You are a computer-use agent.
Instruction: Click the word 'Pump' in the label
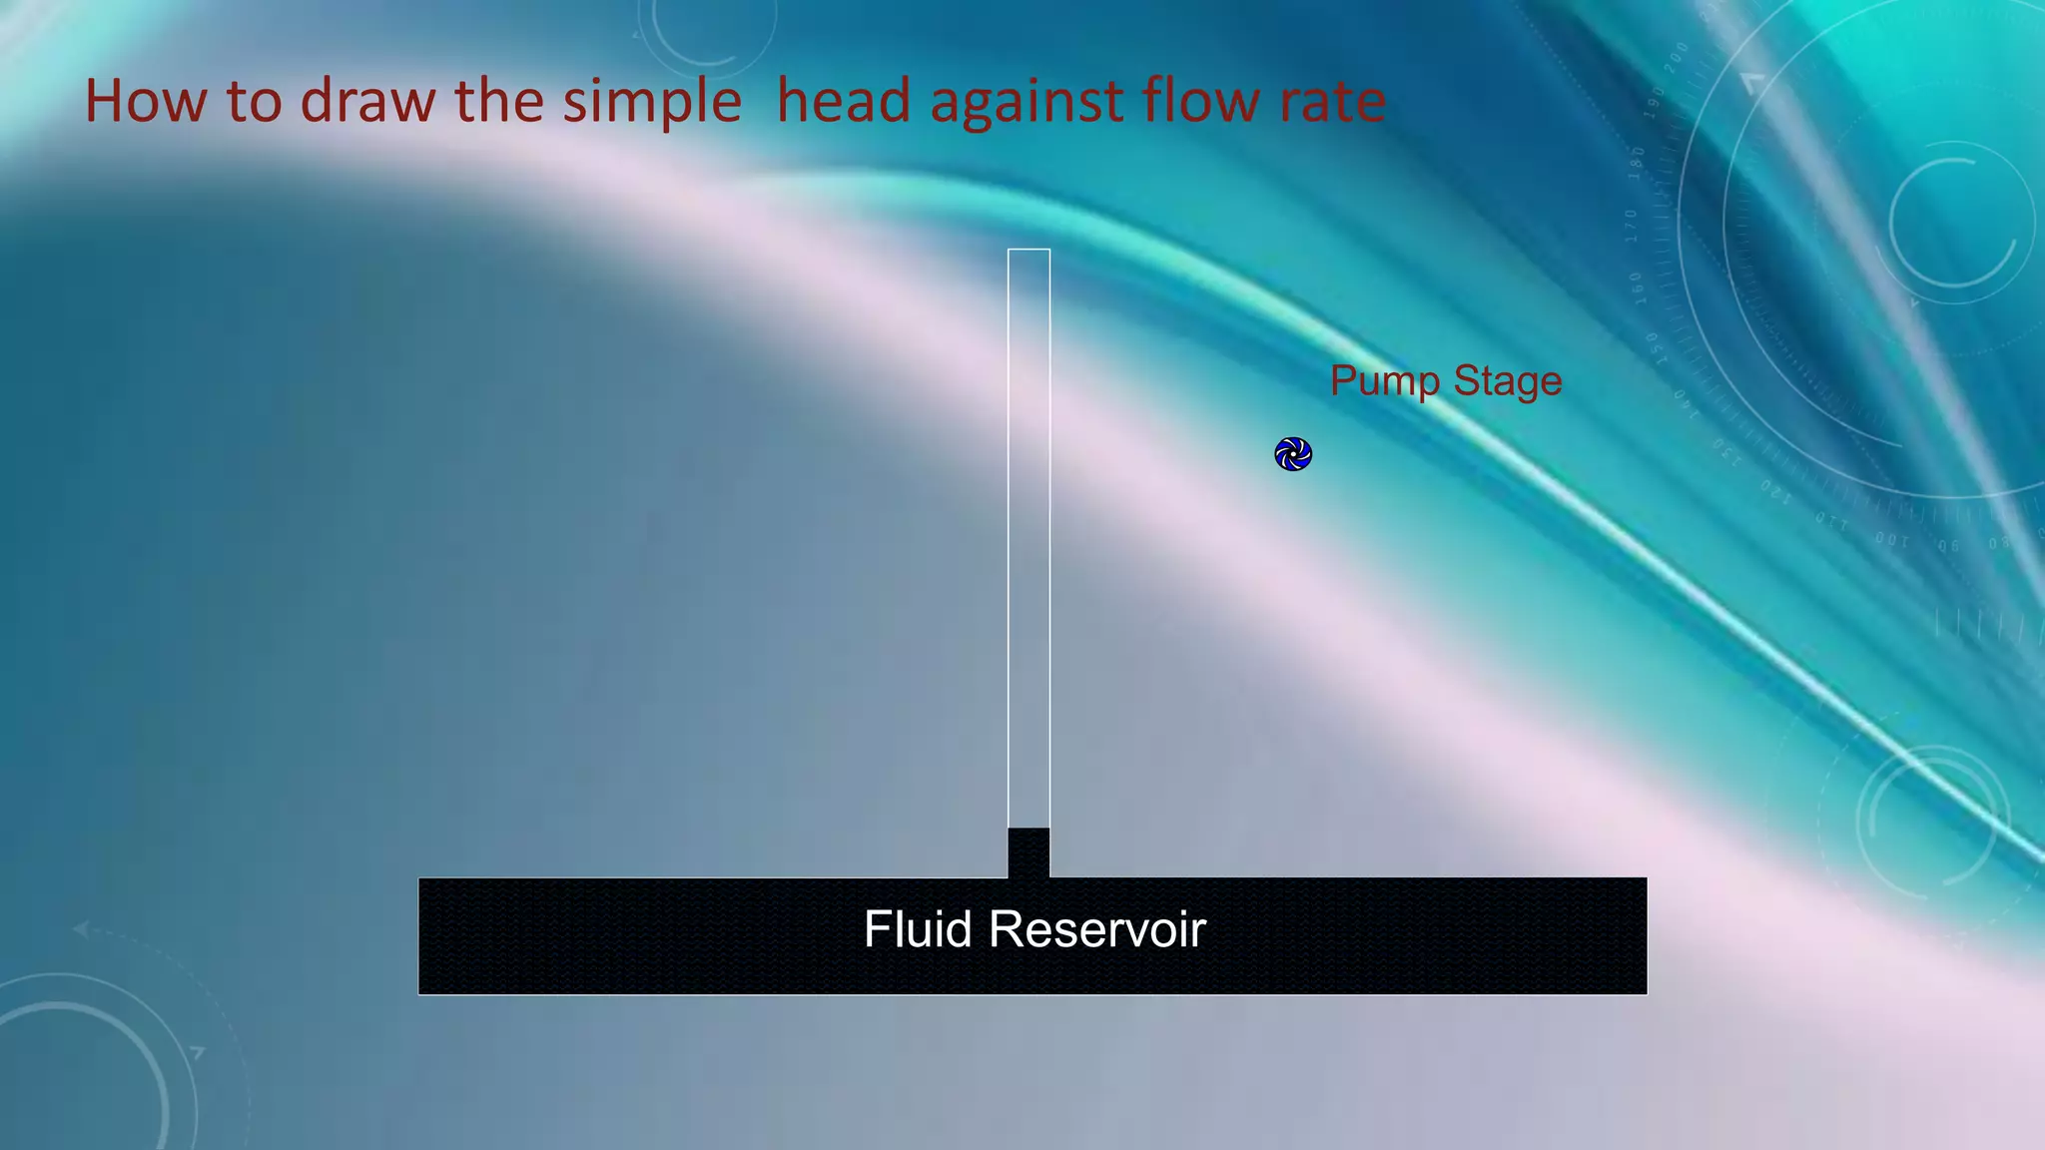[x=1384, y=381]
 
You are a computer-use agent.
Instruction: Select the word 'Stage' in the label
[x=1507, y=381]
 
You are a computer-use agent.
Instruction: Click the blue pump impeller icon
[x=1293, y=454]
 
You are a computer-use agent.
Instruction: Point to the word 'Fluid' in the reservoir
[x=918, y=929]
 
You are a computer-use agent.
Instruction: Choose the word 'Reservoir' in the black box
[x=1097, y=929]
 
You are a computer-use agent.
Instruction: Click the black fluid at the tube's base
[x=1028, y=852]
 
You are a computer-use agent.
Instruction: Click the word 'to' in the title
[x=255, y=102]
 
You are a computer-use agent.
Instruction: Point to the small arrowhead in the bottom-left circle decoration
[x=198, y=1052]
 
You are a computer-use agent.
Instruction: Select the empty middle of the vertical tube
[x=1028, y=539]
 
